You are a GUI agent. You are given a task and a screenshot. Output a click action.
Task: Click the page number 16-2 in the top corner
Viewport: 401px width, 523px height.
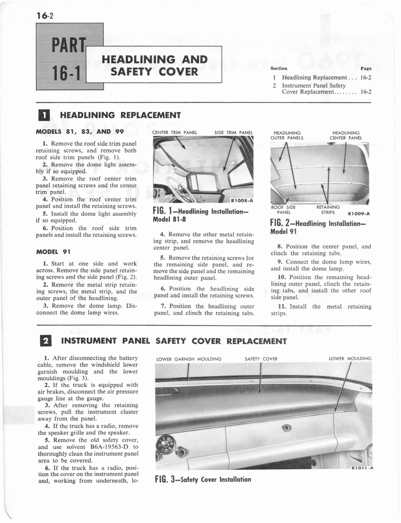click(46, 15)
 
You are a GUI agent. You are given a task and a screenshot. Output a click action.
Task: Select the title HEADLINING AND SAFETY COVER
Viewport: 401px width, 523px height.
click(155, 65)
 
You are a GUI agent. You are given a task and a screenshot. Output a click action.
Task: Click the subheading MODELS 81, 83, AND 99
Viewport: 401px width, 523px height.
click(80, 131)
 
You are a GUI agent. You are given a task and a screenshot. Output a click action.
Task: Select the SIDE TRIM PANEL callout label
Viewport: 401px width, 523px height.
click(234, 132)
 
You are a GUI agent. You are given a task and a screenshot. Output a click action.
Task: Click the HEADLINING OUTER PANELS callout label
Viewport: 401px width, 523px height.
click(288, 135)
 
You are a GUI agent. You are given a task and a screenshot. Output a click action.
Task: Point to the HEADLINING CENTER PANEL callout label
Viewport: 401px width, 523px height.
click(346, 135)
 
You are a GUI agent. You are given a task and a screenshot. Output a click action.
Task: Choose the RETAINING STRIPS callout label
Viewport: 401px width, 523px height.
click(328, 209)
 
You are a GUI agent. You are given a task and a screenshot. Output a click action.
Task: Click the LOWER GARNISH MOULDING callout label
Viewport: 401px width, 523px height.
click(189, 359)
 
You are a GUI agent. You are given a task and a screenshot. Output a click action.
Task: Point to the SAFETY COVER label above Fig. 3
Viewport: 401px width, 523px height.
click(261, 359)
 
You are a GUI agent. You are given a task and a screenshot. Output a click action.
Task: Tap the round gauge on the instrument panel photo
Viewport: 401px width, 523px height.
click(165, 444)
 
